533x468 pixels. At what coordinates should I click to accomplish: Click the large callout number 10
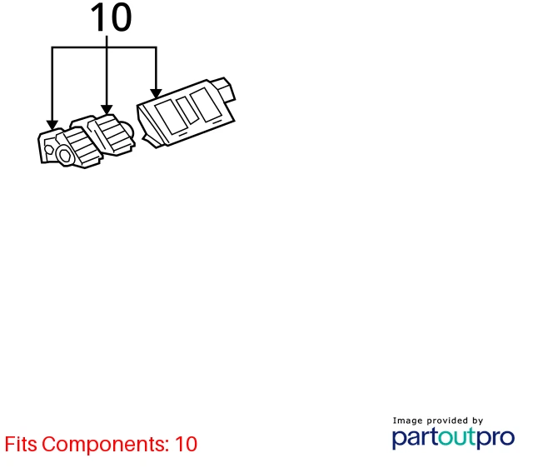click(x=111, y=17)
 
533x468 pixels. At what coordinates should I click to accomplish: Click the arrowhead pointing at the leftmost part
click(x=52, y=125)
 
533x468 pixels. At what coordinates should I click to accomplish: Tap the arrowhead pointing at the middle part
click(x=107, y=109)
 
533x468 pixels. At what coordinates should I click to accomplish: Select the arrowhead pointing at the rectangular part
click(x=156, y=94)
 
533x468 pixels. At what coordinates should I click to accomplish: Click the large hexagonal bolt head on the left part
click(x=64, y=156)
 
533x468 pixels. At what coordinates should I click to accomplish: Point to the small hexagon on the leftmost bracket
click(x=48, y=150)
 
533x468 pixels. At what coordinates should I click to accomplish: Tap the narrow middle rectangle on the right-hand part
click(x=187, y=111)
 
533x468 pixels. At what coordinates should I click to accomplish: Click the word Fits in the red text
click(x=21, y=444)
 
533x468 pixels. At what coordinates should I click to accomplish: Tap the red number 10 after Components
click(x=186, y=444)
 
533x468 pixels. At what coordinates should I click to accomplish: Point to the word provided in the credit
click(x=447, y=421)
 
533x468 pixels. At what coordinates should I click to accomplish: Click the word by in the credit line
click(x=477, y=421)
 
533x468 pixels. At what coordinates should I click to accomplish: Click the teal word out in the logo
click(x=457, y=437)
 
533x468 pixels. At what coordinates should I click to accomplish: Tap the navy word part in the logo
click(x=415, y=438)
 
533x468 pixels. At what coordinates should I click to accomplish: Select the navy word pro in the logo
click(x=496, y=439)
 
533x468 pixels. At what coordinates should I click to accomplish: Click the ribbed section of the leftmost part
click(x=82, y=147)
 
